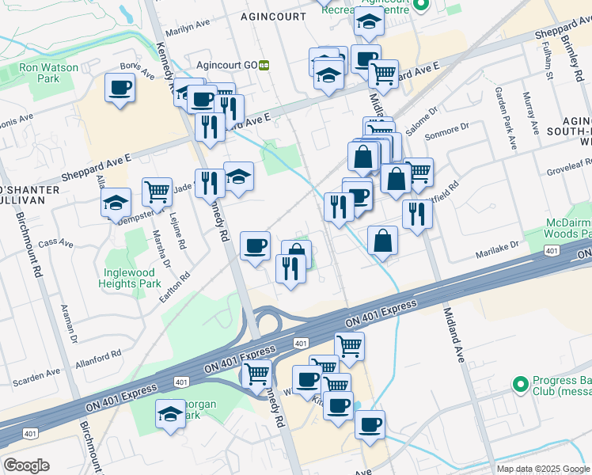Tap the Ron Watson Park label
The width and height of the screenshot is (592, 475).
tap(49, 73)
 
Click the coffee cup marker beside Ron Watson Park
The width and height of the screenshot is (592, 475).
tap(120, 88)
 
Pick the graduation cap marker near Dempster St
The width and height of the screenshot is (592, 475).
tap(116, 203)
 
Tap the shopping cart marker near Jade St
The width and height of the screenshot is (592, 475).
tap(157, 191)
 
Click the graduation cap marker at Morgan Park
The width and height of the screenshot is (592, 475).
tap(170, 414)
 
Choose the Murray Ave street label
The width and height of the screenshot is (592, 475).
tap(530, 120)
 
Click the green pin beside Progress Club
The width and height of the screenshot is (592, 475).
tap(520, 384)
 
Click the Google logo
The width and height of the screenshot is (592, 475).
tap(26, 465)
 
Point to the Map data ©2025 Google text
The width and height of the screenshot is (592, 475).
tap(542, 469)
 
